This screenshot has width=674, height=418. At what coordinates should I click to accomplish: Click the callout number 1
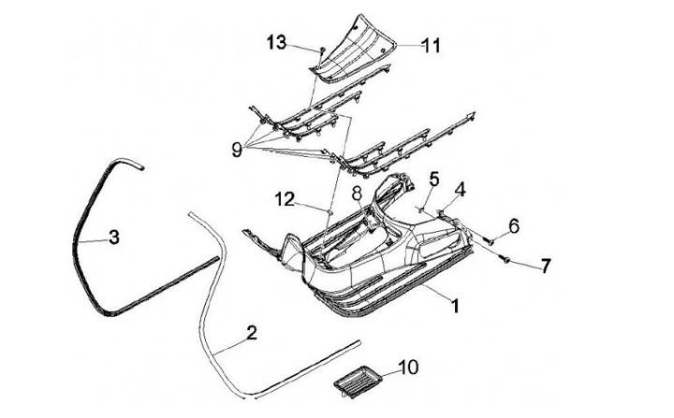coord(456,304)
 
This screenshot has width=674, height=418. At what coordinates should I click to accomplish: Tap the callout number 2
coord(251,332)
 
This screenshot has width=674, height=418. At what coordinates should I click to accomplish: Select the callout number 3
coord(113,238)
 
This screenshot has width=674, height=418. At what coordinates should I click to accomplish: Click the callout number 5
coord(434,178)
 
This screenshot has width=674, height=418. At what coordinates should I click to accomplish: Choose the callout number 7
coord(548,266)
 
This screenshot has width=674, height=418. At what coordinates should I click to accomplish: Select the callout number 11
coord(432,44)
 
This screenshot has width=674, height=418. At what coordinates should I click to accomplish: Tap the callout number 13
coord(276,42)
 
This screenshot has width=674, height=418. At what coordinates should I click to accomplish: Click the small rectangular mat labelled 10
coord(357,380)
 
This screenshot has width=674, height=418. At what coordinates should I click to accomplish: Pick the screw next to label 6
coord(488,239)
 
